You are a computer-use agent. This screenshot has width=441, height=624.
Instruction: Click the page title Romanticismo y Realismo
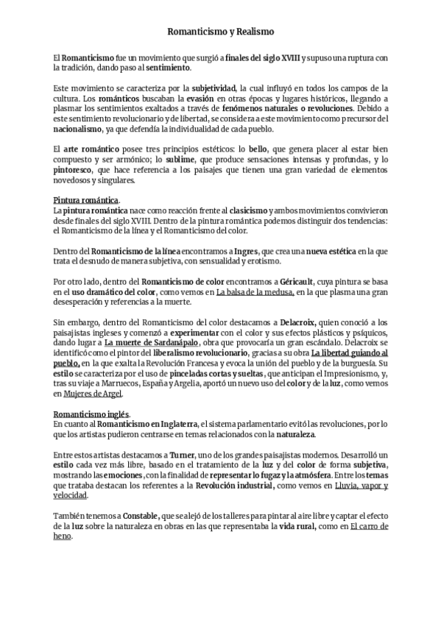(x=220, y=33)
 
